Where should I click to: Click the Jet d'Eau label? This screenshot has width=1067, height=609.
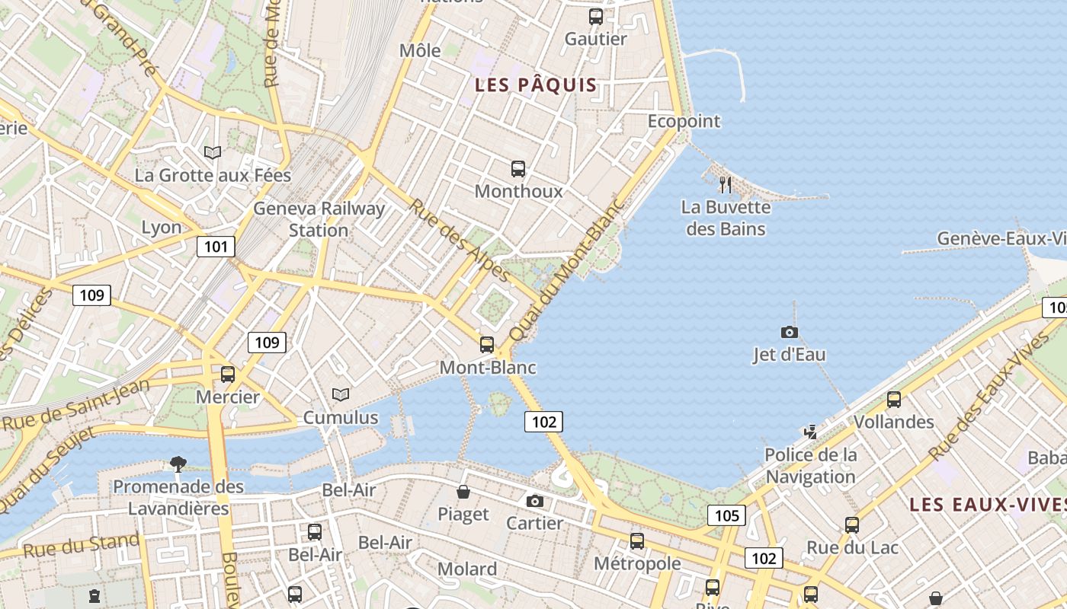(x=789, y=355)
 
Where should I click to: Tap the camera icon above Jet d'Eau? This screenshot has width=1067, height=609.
(x=790, y=332)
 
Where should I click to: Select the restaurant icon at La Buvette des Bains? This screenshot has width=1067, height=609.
(x=726, y=184)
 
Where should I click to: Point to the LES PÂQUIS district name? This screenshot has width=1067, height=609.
(x=536, y=84)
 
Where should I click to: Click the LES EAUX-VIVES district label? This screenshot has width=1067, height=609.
(x=988, y=505)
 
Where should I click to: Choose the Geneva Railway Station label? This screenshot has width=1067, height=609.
(x=319, y=219)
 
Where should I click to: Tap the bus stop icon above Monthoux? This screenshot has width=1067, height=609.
(x=518, y=169)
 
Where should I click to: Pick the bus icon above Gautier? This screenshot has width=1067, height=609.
(x=596, y=17)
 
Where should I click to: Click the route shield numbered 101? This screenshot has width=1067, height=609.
(x=216, y=247)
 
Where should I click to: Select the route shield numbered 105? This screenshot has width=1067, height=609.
(x=727, y=515)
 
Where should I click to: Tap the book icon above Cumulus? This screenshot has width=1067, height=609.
(x=341, y=395)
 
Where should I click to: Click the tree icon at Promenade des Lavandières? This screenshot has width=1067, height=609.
(x=178, y=464)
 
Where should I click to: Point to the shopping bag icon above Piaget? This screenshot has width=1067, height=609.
(x=463, y=492)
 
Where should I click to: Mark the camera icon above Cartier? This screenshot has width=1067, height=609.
(x=535, y=501)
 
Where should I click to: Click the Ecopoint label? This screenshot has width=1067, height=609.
(x=684, y=121)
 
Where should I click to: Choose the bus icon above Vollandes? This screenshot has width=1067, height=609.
(x=893, y=399)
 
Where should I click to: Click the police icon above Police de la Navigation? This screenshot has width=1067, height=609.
(x=810, y=432)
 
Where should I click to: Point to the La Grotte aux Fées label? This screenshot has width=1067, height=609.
(x=213, y=175)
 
